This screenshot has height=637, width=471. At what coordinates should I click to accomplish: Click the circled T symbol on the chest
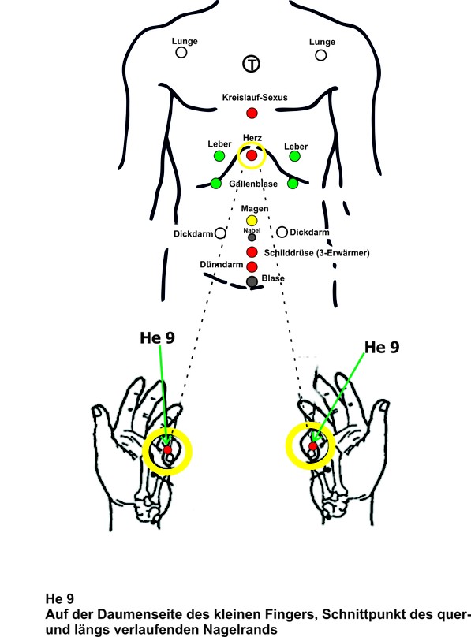pyautogui.click(x=252, y=64)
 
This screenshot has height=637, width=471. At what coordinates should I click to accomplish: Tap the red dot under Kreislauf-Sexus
pyautogui.click(x=252, y=113)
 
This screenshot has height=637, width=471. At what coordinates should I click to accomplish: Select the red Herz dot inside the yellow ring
pyautogui.click(x=252, y=155)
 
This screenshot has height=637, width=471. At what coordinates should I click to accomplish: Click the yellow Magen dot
pyautogui.click(x=252, y=221)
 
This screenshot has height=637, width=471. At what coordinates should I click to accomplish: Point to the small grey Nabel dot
pyautogui.click(x=252, y=237)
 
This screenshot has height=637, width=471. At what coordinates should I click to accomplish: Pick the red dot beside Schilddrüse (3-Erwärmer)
pyautogui.click(x=252, y=252)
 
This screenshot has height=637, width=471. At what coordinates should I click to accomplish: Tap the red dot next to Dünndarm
pyautogui.click(x=252, y=266)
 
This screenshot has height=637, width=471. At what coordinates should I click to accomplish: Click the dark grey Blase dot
pyautogui.click(x=252, y=281)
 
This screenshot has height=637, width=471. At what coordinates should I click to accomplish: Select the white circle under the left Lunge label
pyautogui.click(x=181, y=52)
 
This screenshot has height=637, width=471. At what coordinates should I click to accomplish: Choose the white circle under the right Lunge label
pyautogui.click(x=321, y=55)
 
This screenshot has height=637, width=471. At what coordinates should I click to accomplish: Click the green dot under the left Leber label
pyautogui.click(x=219, y=155)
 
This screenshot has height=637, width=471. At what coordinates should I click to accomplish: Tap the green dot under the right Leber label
pyautogui.click(x=294, y=156)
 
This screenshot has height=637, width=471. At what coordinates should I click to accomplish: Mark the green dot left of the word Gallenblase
pyautogui.click(x=216, y=184)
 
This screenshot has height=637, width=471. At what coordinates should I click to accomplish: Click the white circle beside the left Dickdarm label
pyautogui.click(x=220, y=233)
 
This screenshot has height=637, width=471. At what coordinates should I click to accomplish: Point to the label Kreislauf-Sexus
pyautogui.click(x=255, y=98)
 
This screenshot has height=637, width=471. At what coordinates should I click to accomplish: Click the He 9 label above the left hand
pyautogui.click(x=157, y=337)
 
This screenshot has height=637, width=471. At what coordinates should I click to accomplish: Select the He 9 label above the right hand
pyautogui.click(x=382, y=348)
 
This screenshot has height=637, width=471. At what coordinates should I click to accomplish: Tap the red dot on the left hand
pyautogui.click(x=168, y=449)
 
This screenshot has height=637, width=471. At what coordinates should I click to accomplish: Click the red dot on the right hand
pyautogui.click(x=313, y=446)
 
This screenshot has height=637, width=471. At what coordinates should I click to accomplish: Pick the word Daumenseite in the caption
pyautogui.click(x=129, y=614)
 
